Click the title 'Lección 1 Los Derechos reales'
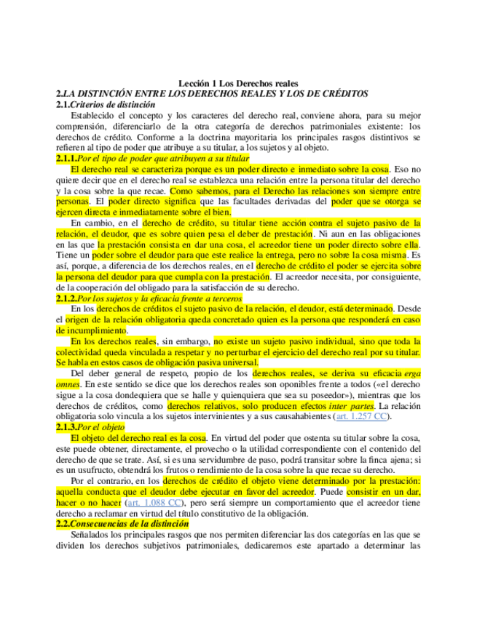(x=238, y=84)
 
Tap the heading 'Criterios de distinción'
(x=107, y=104)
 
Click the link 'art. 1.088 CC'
(x=154, y=502)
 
